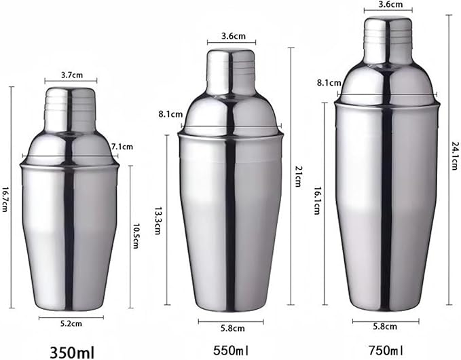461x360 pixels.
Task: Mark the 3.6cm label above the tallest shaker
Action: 387,3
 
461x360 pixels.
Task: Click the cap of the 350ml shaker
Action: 70,102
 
